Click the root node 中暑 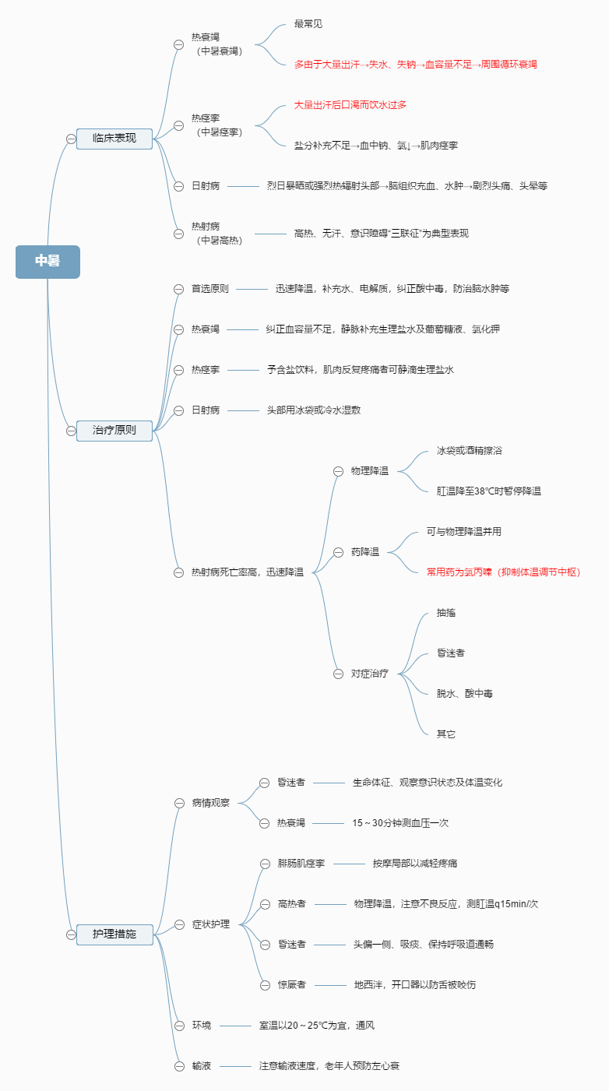click(x=48, y=261)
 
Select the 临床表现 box click(x=114, y=139)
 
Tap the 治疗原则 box click(x=114, y=430)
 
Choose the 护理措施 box click(x=114, y=934)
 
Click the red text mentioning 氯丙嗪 click(x=503, y=572)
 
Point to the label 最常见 click(x=308, y=24)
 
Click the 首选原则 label click(x=210, y=289)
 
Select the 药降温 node click(x=365, y=552)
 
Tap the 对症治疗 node click(x=370, y=674)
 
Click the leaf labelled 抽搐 click(x=446, y=613)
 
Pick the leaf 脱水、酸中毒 click(x=464, y=694)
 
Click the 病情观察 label click(x=211, y=803)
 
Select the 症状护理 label click(x=211, y=924)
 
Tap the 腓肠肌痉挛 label click(x=301, y=864)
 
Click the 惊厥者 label click(x=292, y=985)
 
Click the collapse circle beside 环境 click(x=178, y=1026)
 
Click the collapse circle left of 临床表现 click(x=71, y=139)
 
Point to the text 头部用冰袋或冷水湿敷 click(x=314, y=410)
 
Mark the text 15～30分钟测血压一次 click(x=400, y=823)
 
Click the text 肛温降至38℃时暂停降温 click(x=489, y=491)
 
